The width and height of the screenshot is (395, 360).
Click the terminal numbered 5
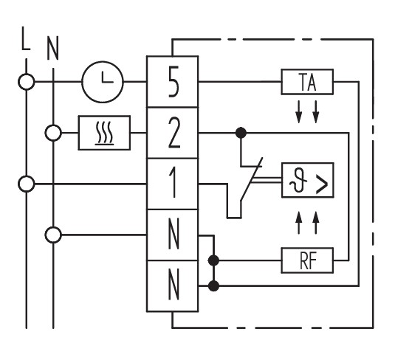(x=173, y=82)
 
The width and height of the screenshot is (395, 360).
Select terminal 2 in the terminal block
(x=173, y=133)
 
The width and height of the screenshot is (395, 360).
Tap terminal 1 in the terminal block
(x=173, y=184)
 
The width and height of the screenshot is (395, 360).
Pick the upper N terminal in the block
(x=173, y=235)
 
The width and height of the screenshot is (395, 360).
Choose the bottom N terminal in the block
(x=173, y=286)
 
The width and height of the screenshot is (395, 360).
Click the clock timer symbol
(x=103, y=82)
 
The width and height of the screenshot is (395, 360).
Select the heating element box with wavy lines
(x=104, y=133)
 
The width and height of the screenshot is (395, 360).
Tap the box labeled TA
(x=307, y=82)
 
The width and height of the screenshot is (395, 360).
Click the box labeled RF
(x=307, y=260)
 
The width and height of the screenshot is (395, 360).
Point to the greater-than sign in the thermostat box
(x=322, y=184)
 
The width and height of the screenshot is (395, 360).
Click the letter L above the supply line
(x=26, y=38)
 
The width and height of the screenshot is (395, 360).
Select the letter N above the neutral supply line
(x=53, y=48)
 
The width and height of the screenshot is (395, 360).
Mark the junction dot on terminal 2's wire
(x=241, y=133)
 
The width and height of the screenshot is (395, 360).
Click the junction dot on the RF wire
(x=213, y=260)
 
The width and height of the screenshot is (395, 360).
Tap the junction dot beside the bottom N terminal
(x=213, y=286)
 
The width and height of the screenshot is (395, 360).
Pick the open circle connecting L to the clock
(x=27, y=82)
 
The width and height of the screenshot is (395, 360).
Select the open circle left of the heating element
(x=53, y=133)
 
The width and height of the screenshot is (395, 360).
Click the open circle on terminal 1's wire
(x=27, y=184)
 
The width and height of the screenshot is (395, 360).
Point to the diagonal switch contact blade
(x=252, y=179)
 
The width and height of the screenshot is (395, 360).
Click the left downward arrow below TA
(x=299, y=112)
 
